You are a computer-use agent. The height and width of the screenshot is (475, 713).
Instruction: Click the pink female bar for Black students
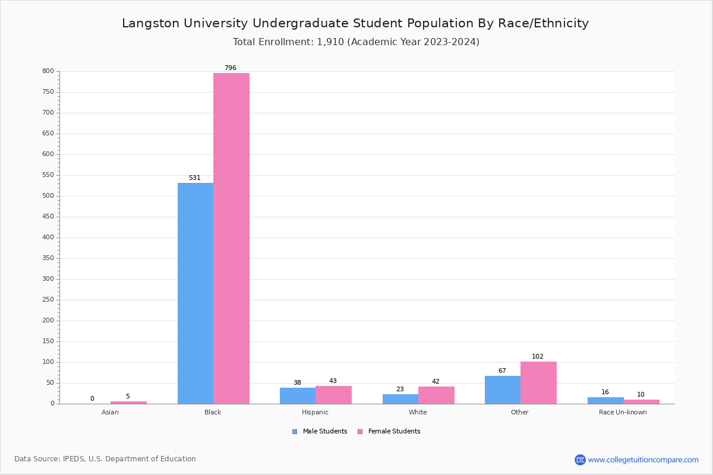(x=231, y=238)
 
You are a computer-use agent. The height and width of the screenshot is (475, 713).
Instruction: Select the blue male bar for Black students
(x=195, y=293)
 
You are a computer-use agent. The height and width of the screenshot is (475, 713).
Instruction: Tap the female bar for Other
(x=538, y=382)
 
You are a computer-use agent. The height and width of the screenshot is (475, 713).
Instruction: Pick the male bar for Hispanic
(x=298, y=395)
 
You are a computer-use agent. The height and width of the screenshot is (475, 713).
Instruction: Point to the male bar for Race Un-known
(x=605, y=400)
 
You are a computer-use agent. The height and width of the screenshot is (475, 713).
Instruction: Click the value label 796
(x=230, y=68)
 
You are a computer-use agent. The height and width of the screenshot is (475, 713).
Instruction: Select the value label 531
(x=194, y=178)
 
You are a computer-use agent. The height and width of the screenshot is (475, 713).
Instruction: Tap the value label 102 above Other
(x=537, y=357)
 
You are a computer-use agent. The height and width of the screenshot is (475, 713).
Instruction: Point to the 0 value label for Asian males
(x=92, y=399)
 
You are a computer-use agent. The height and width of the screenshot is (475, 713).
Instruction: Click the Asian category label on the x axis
(x=110, y=413)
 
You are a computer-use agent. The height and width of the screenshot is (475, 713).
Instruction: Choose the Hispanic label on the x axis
(x=315, y=413)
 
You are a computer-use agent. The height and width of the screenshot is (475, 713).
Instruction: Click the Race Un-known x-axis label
(x=623, y=413)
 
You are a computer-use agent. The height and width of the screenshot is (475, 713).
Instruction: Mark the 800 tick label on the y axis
(x=48, y=71)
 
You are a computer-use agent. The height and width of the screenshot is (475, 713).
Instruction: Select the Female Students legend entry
(x=389, y=432)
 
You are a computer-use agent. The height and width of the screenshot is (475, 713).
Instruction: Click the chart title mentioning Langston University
(x=355, y=23)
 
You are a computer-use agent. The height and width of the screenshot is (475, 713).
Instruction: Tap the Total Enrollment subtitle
(x=356, y=42)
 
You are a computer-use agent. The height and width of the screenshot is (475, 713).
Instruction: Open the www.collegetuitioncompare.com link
(x=643, y=460)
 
